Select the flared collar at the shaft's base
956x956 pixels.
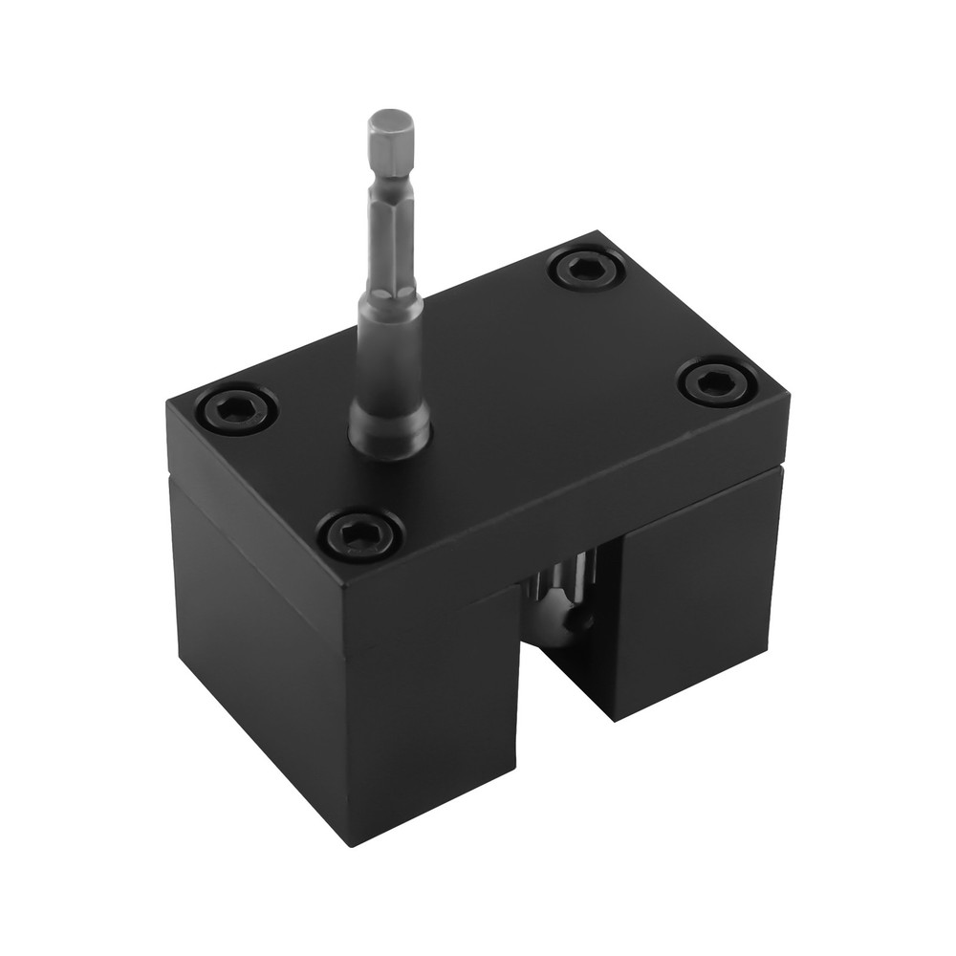tap(389, 426)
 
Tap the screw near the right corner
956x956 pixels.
tap(717, 383)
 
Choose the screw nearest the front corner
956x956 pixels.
tap(359, 534)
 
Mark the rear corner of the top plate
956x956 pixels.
tap(597, 231)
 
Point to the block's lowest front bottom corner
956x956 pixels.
tap(350, 843)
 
